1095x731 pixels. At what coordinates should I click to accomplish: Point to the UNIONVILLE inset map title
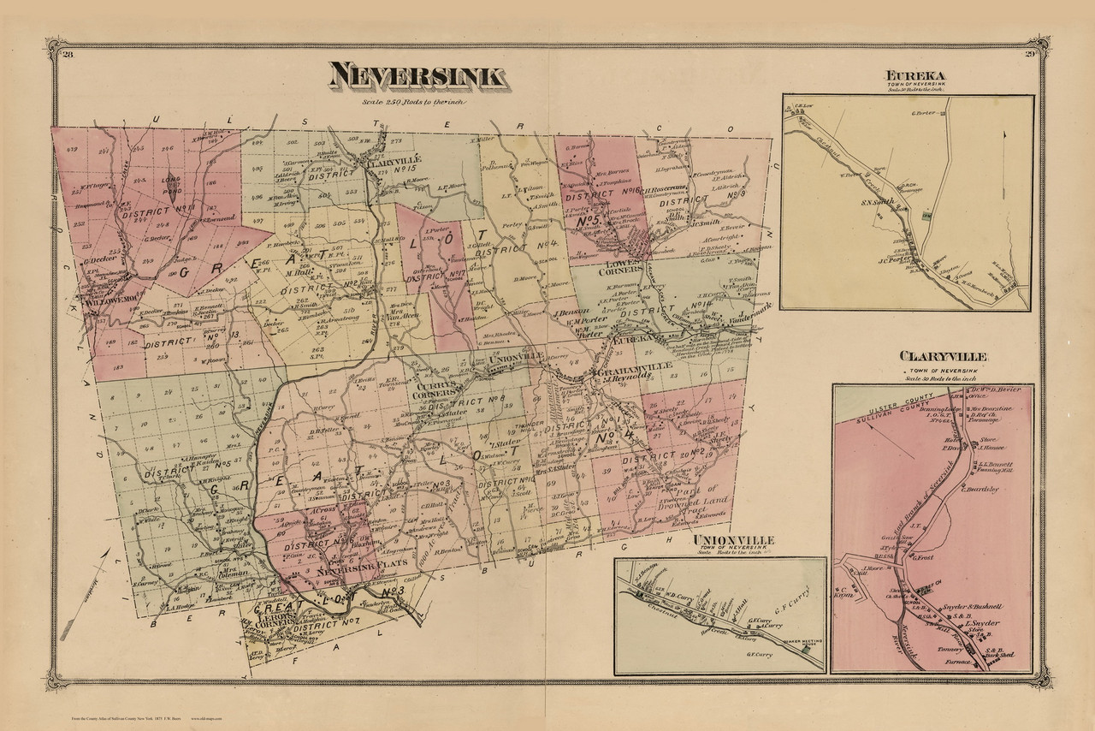(x=735, y=539)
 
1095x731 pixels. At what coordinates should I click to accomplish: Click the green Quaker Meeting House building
(x=806, y=652)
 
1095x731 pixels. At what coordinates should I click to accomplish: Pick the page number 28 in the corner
(x=68, y=56)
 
